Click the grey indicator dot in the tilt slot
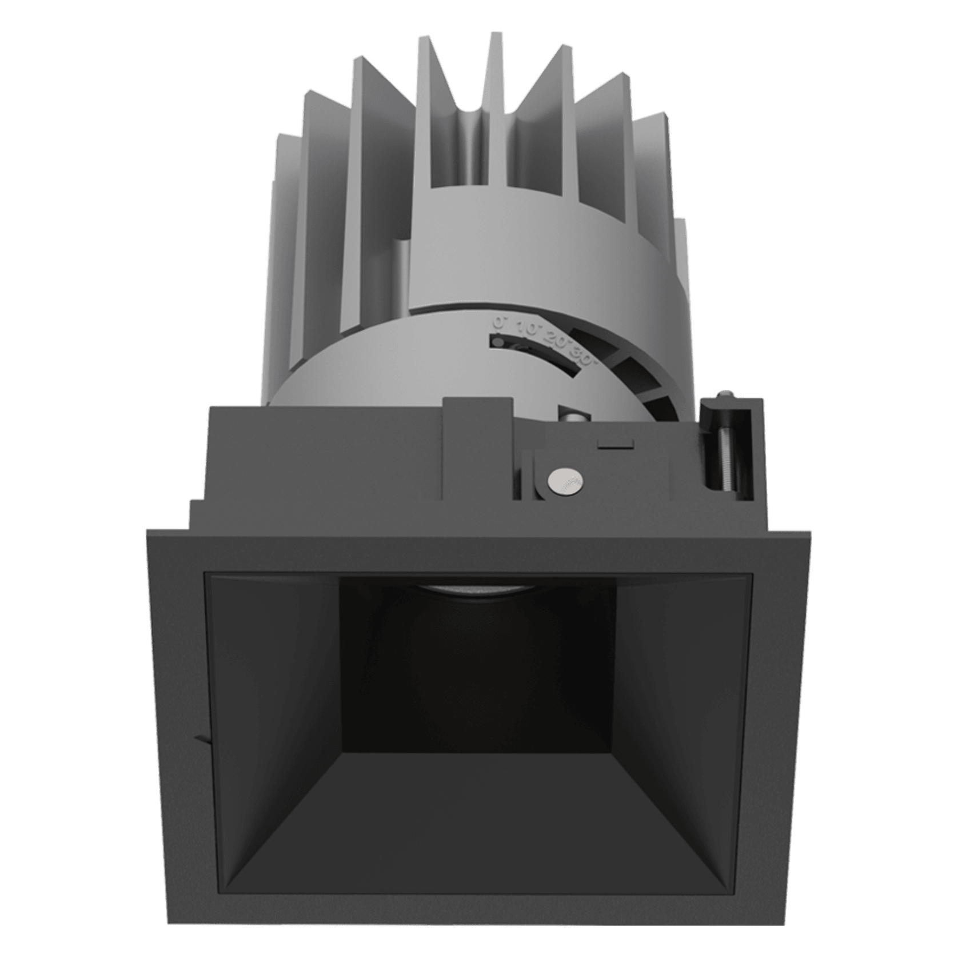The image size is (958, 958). point(498,343)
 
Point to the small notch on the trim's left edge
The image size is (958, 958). point(201,739)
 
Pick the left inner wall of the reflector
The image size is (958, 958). point(274,714)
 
